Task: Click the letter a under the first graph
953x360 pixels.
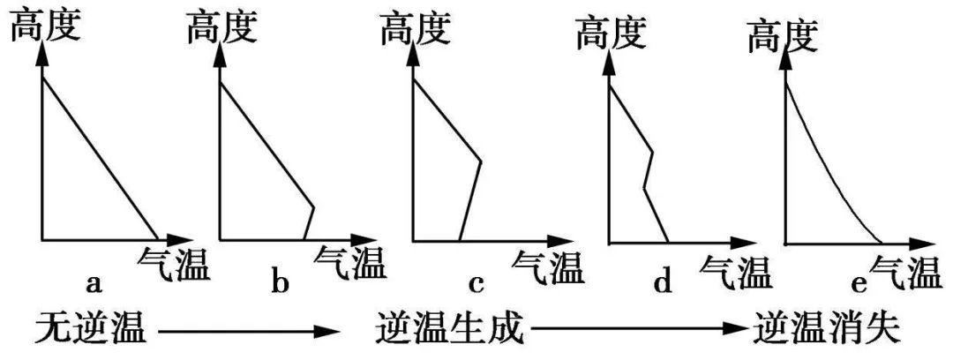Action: [93, 282]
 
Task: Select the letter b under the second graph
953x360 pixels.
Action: [281, 281]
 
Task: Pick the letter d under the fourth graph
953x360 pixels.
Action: [663, 281]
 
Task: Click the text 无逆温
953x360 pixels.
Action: [91, 331]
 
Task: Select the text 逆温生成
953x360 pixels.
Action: [451, 331]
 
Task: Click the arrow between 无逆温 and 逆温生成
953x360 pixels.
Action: [246, 332]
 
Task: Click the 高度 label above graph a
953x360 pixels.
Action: [46, 26]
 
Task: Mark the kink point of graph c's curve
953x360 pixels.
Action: [481, 161]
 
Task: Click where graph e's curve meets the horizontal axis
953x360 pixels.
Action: [882, 244]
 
